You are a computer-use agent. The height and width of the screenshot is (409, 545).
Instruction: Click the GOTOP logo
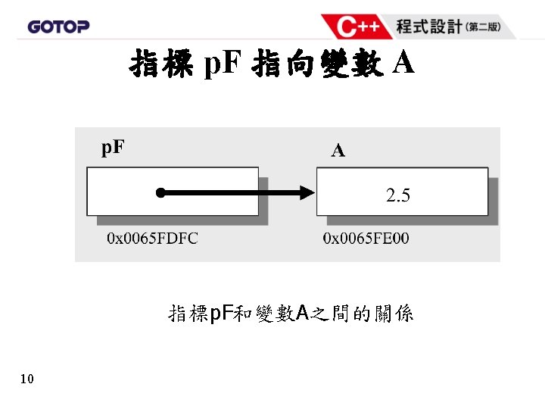pyautogui.click(x=58, y=27)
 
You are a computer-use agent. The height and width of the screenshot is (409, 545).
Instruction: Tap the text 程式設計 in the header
pyautogui.click(x=428, y=27)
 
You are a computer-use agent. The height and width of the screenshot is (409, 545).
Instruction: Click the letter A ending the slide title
pyautogui.click(x=404, y=64)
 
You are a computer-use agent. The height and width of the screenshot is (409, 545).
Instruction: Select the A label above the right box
pyautogui.click(x=338, y=151)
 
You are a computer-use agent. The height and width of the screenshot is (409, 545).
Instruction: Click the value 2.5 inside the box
pyautogui.click(x=398, y=196)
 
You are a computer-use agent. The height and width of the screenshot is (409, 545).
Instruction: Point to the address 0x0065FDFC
pyautogui.click(x=152, y=239)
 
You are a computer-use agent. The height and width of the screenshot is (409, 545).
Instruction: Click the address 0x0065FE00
pyautogui.click(x=366, y=239)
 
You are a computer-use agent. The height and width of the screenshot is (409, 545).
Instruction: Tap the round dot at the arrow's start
pyautogui.click(x=160, y=193)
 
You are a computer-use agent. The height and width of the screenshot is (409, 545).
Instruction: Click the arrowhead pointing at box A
pyautogui.click(x=306, y=193)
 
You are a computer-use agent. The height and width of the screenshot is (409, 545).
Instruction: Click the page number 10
pyautogui.click(x=27, y=379)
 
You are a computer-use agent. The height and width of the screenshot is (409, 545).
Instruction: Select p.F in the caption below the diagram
pyautogui.click(x=220, y=313)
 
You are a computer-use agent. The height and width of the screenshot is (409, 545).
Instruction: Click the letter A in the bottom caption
pyautogui.click(x=301, y=313)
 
